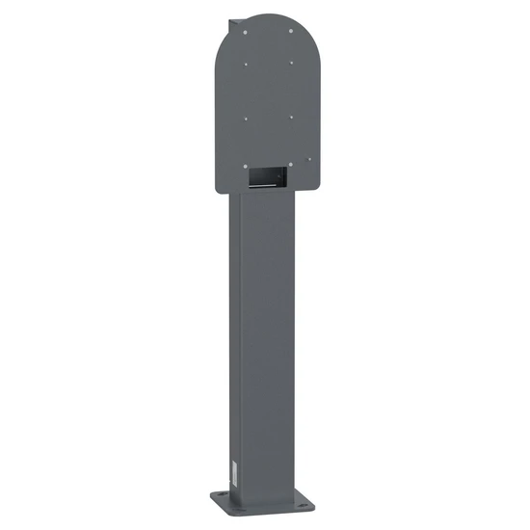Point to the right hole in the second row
292,66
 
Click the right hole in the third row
293,119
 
